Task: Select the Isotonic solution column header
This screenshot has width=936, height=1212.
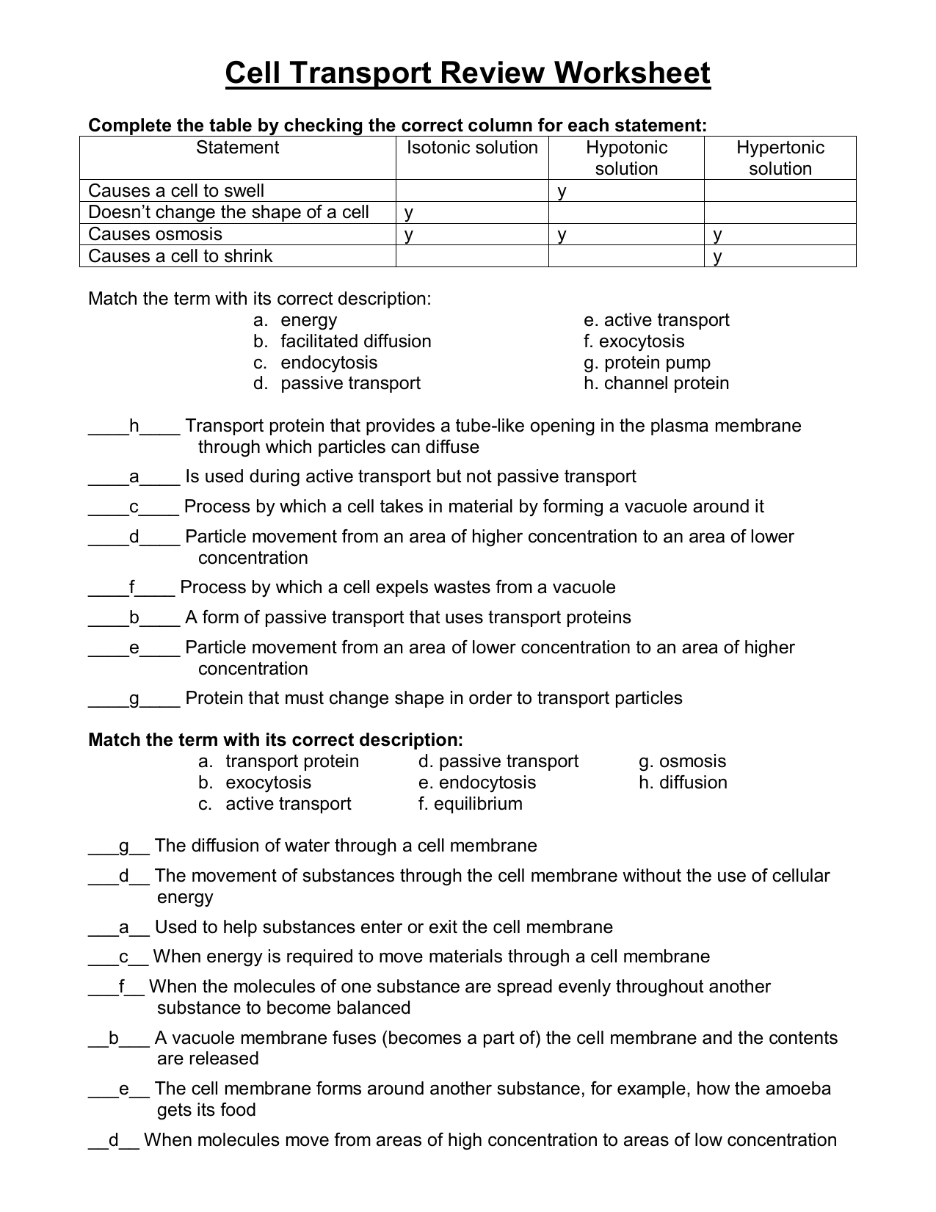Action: (x=472, y=148)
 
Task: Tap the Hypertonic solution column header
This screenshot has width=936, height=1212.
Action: (x=780, y=158)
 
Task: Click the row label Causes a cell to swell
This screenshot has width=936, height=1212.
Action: (x=176, y=191)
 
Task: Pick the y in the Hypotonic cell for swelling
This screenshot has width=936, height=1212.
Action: (x=562, y=192)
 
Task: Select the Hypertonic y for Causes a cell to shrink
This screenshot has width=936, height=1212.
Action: (x=718, y=257)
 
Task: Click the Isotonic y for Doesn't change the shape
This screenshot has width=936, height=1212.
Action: (x=409, y=213)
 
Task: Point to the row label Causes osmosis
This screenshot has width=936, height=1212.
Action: (x=155, y=234)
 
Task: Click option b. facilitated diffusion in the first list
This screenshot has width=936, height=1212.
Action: (x=343, y=341)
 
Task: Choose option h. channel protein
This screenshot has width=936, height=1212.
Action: (x=656, y=383)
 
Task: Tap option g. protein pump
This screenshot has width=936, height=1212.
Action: (x=647, y=363)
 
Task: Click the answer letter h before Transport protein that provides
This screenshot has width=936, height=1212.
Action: (x=134, y=427)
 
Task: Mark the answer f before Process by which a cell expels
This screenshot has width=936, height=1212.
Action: (x=132, y=588)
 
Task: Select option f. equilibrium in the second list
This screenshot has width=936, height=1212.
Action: (x=470, y=804)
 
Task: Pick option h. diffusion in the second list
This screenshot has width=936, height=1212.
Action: (x=683, y=783)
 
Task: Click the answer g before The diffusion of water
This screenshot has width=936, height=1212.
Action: (x=123, y=846)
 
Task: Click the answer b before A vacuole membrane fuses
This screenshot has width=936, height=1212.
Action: (x=114, y=1038)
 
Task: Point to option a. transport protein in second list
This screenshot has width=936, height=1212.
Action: (x=279, y=761)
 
